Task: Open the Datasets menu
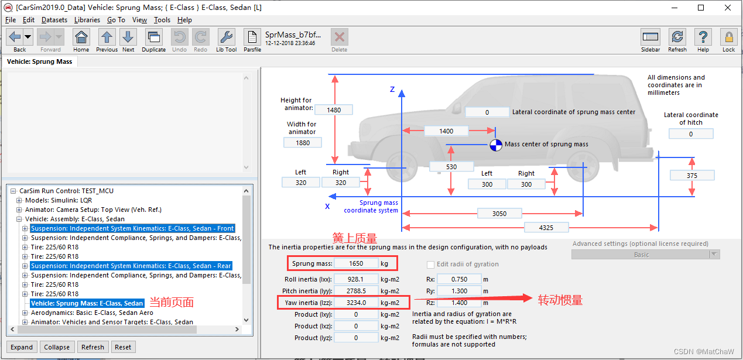tap(54, 20)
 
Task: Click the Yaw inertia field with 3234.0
tap(357, 303)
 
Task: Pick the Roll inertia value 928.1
tap(357, 279)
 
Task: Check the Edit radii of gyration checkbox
tap(431, 265)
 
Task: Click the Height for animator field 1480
tap(334, 109)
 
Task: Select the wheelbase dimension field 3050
tap(499, 214)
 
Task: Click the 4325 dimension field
tap(546, 227)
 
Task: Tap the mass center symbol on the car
tap(496, 145)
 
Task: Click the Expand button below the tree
tap(22, 347)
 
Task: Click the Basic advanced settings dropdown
tap(645, 255)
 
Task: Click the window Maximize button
tap(701, 8)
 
